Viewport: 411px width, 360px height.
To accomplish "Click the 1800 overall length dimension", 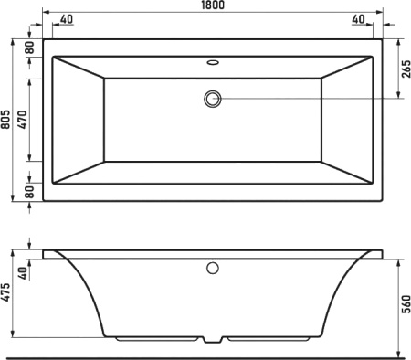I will [212, 6].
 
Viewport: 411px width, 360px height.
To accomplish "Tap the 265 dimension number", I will [403, 67].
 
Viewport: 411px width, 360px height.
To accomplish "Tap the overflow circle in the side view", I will [213, 269].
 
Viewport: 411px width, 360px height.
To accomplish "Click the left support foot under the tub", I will [155, 340].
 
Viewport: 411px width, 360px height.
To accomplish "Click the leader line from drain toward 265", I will [311, 98].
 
